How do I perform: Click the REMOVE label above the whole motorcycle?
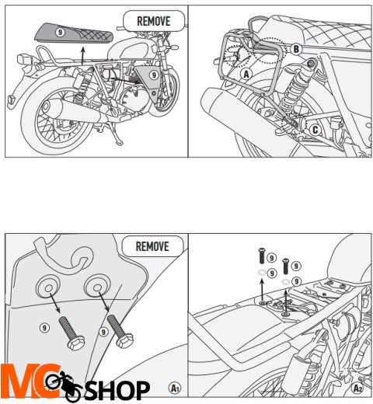click(154, 20)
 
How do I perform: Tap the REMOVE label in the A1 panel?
click(153, 247)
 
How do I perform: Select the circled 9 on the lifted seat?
click(61, 33)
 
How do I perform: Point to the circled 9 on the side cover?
click(155, 75)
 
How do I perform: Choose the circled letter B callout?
click(295, 49)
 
